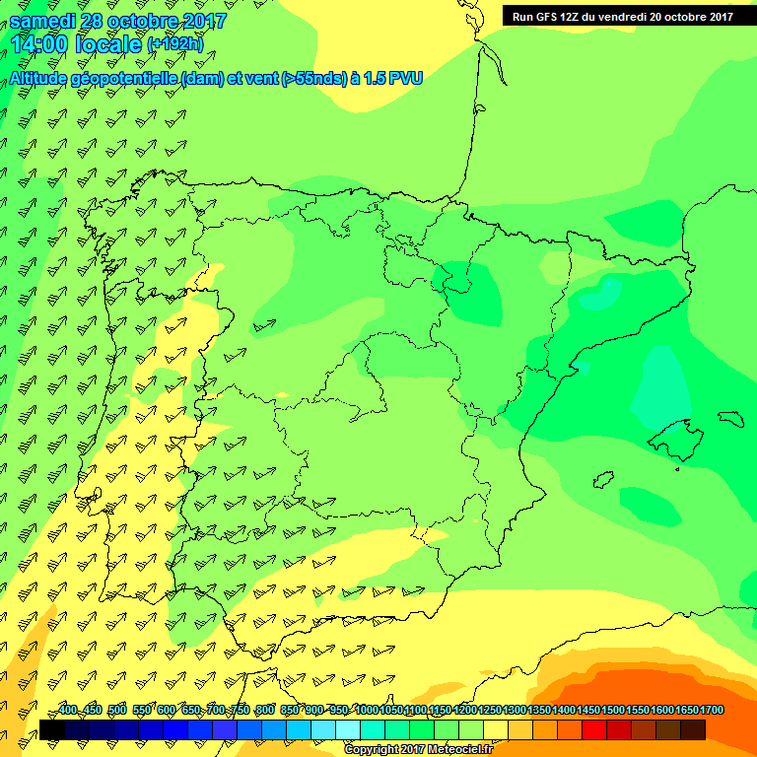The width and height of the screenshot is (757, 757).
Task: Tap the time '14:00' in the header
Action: [40, 44]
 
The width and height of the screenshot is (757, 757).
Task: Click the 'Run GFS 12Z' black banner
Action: [622, 16]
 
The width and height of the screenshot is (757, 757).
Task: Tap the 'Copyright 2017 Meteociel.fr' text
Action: [418, 750]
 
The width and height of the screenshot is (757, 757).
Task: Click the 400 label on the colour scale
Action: [67, 711]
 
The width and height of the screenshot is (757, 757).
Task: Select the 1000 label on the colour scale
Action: [367, 711]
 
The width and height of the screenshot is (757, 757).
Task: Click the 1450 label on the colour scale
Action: [588, 711]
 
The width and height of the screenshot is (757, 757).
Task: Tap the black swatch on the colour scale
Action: [52, 730]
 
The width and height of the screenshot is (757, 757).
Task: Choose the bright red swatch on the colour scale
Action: [594, 730]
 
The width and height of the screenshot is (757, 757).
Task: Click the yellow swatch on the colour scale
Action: [496, 730]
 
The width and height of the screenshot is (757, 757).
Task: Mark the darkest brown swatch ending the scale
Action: [693, 730]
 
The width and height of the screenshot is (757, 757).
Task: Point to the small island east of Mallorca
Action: [730, 417]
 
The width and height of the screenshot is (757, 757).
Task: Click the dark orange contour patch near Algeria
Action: [631, 700]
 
